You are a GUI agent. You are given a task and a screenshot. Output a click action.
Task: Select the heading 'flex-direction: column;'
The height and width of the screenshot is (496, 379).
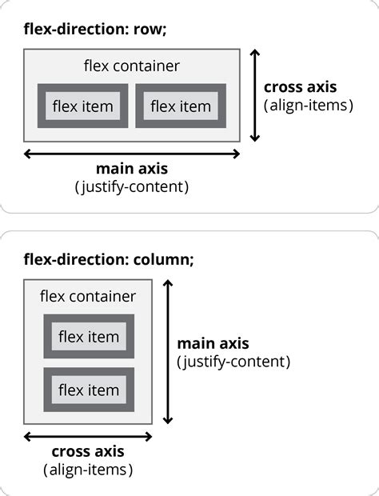coord(109,259)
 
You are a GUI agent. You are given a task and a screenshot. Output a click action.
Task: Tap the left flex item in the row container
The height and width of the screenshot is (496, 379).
coord(82,106)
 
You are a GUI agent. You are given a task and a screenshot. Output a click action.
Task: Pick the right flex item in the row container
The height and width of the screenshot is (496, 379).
coord(181,106)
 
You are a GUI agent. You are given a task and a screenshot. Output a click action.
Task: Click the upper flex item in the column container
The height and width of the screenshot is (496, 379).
coord(89,337)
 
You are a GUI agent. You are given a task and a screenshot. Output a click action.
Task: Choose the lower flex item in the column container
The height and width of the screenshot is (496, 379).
coord(89,390)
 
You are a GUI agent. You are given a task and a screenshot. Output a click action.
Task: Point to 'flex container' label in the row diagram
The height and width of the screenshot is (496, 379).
coord(132,66)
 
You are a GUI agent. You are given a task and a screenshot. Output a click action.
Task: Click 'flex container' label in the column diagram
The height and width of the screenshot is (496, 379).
coord(88,297)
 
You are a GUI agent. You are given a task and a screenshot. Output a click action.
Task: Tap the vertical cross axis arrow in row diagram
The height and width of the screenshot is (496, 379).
coord(254,95)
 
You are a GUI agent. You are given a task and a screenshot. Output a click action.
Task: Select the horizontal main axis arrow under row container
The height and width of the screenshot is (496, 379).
coord(132,154)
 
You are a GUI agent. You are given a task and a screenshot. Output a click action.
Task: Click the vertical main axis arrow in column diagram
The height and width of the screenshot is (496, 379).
coord(167,352)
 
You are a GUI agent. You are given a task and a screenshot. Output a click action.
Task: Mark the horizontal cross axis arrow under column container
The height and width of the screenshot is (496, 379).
coord(88,437)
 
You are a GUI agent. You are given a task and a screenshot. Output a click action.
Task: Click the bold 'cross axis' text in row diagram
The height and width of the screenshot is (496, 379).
coord(300,87)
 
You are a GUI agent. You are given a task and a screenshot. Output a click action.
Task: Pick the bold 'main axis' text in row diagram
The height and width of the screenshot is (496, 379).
coord(132,169)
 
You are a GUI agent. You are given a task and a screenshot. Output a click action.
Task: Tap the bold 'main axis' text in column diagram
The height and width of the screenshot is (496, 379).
coord(213,344)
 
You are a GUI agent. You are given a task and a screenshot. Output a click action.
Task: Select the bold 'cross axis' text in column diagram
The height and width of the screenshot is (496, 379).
coord(88,452)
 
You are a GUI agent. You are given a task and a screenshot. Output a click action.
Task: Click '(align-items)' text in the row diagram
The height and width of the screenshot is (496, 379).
coord(308,105)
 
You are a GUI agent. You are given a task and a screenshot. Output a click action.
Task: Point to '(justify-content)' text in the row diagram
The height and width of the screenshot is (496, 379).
coord(132,187)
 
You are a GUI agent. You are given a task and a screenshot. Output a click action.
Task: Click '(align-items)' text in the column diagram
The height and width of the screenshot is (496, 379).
coord(88,470)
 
